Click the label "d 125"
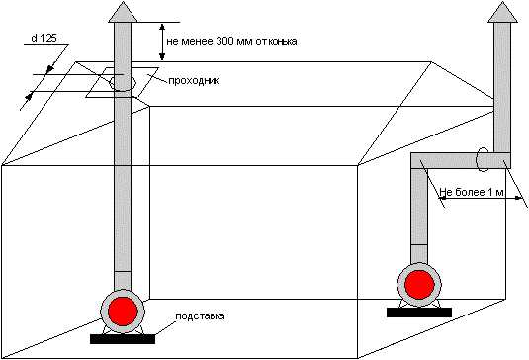tap(44, 38)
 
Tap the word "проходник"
tap(194, 81)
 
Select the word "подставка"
tap(200, 316)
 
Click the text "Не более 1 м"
tap(472, 192)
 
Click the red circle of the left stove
tap(123, 312)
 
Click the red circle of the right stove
tap(419, 285)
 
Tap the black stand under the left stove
tap(123, 339)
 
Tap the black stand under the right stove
tap(419, 313)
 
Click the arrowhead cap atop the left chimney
tap(123, 13)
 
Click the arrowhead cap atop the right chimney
tap(502, 13)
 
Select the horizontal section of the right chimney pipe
tap(461, 160)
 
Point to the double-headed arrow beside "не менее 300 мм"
tap(162, 42)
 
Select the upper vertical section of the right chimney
tap(502, 88)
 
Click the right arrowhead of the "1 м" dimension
tap(518, 199)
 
